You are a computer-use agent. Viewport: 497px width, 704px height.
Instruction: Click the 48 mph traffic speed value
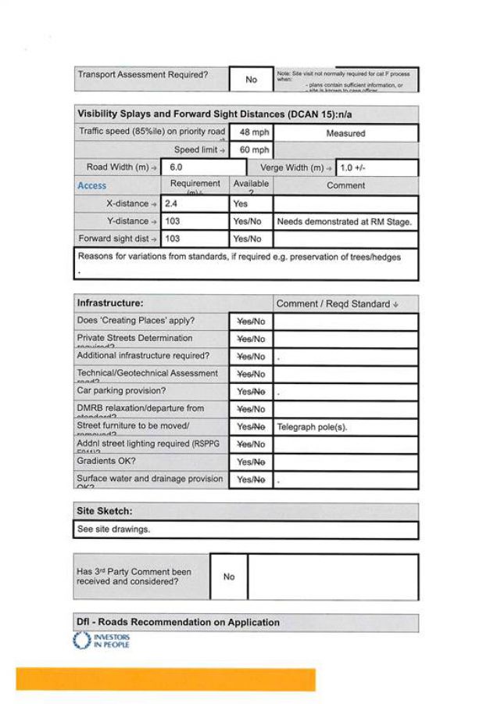pos(251,133)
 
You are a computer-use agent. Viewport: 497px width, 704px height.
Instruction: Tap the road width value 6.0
pos(176,167)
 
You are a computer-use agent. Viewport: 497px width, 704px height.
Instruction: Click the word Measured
pos(345,134)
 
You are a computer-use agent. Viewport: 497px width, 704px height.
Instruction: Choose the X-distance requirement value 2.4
pos(173,203)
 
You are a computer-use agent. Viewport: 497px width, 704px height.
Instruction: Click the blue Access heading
pos(92,186)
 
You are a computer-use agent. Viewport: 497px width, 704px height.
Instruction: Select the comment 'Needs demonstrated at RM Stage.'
pos(344,221)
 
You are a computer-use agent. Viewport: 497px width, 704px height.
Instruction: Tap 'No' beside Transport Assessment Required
pos(251,80)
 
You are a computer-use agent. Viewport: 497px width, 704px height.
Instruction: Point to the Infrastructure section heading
pos(110,303)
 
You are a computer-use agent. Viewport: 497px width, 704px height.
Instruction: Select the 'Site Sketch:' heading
pos(104,511)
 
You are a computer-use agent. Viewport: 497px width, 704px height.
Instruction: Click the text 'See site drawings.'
pos(113,529)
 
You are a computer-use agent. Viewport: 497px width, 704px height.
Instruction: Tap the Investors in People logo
pos(102,641)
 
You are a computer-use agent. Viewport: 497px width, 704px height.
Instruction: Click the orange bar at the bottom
pos(166,679)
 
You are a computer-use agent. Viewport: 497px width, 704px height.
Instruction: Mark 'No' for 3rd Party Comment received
pos(229,576)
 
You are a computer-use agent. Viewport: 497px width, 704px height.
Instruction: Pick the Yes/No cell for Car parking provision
pos(251,392)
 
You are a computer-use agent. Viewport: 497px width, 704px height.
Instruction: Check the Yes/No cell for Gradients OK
pos(251,462)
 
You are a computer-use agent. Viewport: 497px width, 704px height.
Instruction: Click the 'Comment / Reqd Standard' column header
pos(337,304)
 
